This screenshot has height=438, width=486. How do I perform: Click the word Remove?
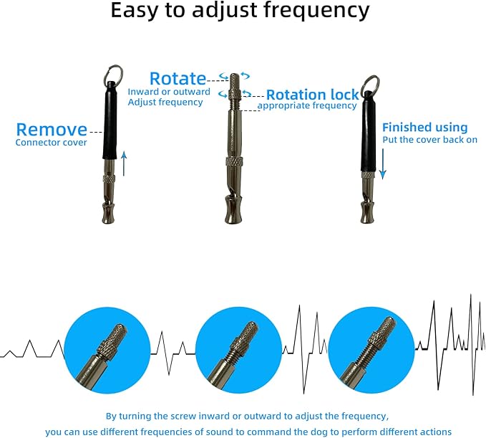pyautogui.click(x=52, y=130)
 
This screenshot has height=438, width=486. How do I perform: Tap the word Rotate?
pyautogui.click(x=177, y=79)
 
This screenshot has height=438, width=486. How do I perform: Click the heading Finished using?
pyautogui.click(x=424, y=127)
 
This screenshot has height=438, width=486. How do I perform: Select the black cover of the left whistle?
pyautogui.click(x=110, y=122)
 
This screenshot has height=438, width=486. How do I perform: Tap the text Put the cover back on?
pyautogui.click(x=429, y=140)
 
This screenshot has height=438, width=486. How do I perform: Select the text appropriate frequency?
pyautogui.click(x=307, y=106)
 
